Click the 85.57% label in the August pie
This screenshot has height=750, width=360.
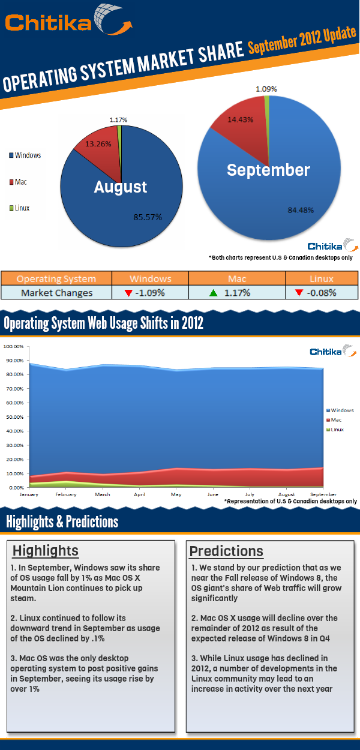coord(148,217)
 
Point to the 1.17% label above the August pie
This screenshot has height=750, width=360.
coord(118,120)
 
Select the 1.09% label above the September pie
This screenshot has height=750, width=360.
coord(266,89)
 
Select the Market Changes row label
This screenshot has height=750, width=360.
coord(56,293)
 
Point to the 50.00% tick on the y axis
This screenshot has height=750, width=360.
coord(13,417)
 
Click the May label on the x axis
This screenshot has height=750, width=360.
coord(176,495)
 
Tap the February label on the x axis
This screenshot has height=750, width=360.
coord(66,495)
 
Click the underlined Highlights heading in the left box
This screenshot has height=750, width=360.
coord(46,551)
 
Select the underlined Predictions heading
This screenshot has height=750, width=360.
coord(226,551)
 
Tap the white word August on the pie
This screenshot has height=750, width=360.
coord(121,187)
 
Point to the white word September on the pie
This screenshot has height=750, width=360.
coord(268,170)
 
